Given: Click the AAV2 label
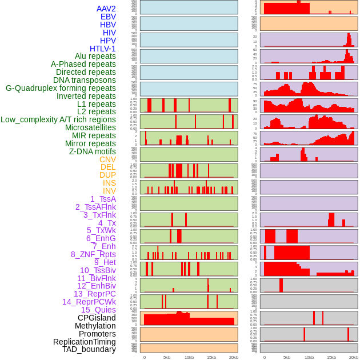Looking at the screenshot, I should coord(106,9).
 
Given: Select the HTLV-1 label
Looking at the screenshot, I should coord(103,49).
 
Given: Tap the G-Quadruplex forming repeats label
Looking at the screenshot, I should coord(61,88).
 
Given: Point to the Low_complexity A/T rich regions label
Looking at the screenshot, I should coord(58,119).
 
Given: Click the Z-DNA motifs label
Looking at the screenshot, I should coord(93,151).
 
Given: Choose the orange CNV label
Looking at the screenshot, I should coord(107,159).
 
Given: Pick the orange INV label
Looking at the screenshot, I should coord(109,191).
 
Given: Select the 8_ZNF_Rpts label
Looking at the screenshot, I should coord(93,254).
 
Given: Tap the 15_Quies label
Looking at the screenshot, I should coord(98,310).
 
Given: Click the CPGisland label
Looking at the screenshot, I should coord(97,318).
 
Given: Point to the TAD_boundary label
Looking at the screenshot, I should coord(89,349).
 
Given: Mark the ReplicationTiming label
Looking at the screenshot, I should coord(84,342).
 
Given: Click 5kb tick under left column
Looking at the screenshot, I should coord(167,357).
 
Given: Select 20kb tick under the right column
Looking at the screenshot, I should coord(354,357).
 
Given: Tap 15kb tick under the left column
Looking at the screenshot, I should coord(211,357).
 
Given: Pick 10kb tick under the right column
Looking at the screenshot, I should coord(309,357).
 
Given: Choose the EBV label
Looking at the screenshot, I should coord(108,17).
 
